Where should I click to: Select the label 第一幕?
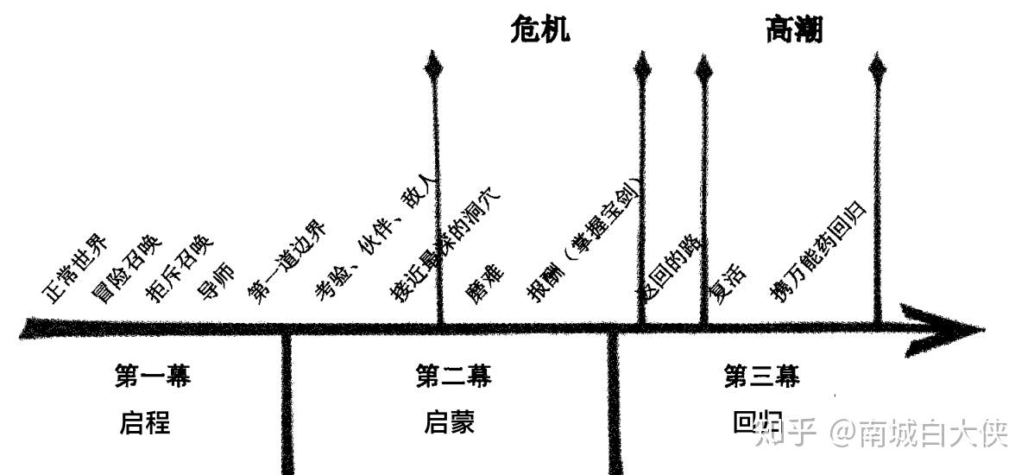coord(153,377)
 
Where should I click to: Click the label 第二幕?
coord(453,377)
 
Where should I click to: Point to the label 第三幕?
coord(761,377)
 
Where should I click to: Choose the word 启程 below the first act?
coord(145,423)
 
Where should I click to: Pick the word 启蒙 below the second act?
coord(450,423)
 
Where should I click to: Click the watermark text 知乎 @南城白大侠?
coord(880,433)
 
